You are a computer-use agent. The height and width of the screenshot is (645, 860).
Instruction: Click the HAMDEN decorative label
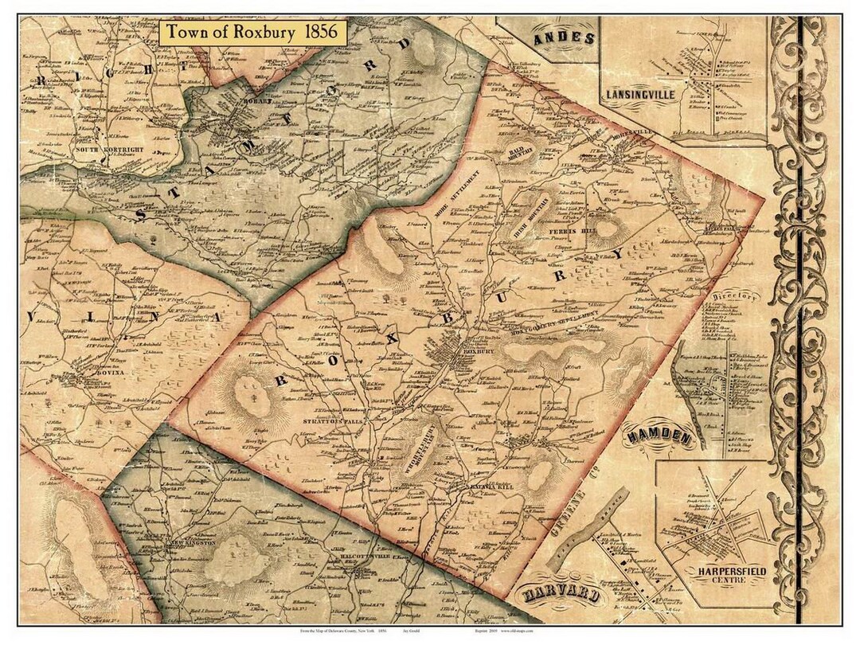click(x=659, y=436)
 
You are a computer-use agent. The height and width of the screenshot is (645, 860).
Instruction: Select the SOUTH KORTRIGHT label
click(x=103, y=149)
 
